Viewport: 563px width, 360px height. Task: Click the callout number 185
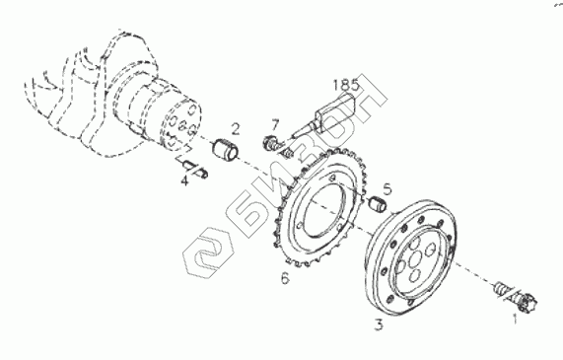pos(346,85)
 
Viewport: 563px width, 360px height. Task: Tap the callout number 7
pos(275,125)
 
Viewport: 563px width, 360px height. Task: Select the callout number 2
pos(236,129)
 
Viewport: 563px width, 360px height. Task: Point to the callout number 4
pos(184,180)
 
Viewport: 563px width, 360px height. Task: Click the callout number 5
pos(387,189)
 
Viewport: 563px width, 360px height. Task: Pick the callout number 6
pos(285,278)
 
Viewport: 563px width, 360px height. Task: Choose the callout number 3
pos(379,324)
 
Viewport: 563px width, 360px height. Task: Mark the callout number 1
pos(515,319)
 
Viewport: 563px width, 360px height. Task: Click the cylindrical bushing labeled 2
pos(226,150)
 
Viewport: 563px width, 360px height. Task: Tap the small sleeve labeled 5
pos(378,205)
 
